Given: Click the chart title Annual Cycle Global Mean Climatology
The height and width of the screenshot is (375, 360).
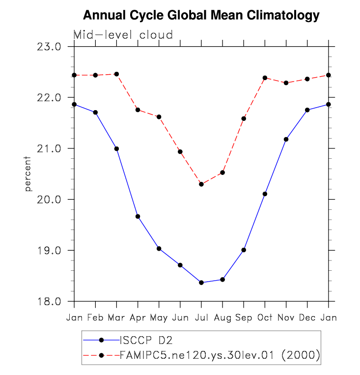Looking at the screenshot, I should coord(201,16).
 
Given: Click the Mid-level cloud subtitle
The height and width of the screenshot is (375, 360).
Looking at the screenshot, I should coord(123,35).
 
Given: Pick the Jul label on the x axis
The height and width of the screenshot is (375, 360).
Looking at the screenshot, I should coord(201,317).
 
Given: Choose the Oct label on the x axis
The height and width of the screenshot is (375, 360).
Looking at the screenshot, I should coord(265,317).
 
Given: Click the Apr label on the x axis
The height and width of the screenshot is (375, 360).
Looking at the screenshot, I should coord(138,317).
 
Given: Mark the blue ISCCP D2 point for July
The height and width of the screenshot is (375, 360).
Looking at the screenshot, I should coord(201,283).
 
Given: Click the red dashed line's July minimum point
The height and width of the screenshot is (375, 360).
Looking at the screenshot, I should coord(201,184).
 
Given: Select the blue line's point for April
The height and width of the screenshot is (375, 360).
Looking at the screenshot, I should coord(138,216).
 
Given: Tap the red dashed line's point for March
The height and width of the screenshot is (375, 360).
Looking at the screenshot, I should coord(116,74).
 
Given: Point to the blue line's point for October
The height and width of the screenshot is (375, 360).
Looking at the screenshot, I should coord(265,194).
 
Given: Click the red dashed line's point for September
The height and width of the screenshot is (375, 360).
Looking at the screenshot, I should coord(244,118).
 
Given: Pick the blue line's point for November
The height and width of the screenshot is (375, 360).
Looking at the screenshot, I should coord(286,139).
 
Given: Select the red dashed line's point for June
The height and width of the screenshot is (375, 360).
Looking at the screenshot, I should coord(180,151).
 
